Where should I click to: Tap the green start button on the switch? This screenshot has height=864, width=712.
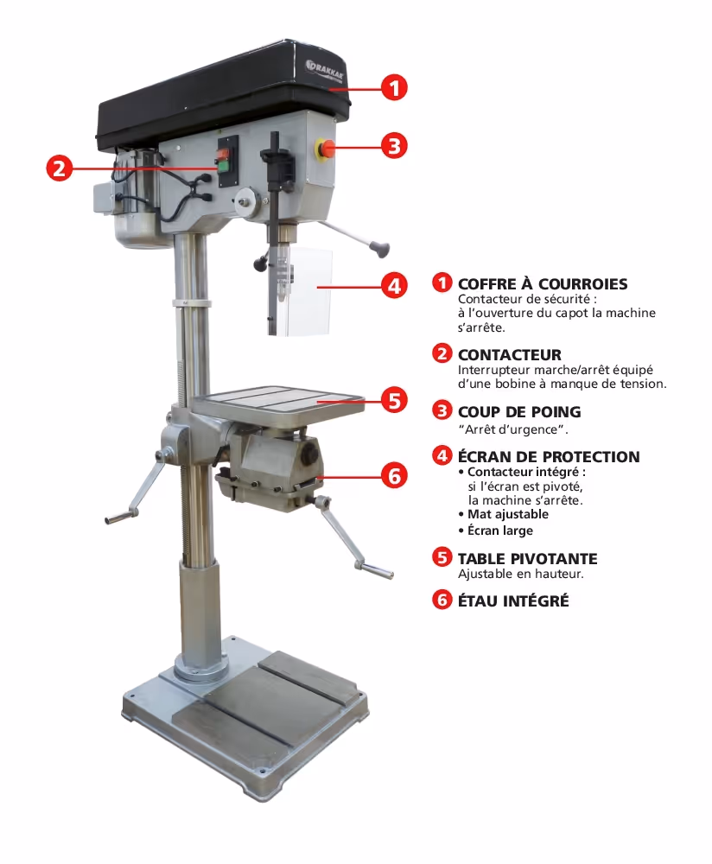coord(224,166)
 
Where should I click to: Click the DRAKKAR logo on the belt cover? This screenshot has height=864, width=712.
coord(325,68)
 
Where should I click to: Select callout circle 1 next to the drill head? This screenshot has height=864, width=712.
coord(395,87)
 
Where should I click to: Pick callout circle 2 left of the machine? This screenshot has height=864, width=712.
coord(60,168)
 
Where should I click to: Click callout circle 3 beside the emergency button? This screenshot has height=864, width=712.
coord(395,146)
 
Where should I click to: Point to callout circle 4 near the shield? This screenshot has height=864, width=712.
coord(395,286)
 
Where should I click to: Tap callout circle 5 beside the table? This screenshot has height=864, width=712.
coord(395,400)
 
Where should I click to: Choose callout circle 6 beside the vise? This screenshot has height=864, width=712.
coord(395,475)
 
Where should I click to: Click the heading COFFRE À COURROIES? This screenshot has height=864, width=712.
coord(543,283)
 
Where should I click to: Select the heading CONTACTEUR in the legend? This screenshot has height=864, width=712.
coord(510,354)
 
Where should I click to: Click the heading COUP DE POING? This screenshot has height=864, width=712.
coord(519,411)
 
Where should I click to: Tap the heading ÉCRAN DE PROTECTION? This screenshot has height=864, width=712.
coord(549,456)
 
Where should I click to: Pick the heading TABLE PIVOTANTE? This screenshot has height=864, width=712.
coord(528,558)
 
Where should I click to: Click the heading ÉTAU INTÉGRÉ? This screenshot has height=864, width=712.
coord(513,600)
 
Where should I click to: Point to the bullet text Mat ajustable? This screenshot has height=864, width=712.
coord(508,514)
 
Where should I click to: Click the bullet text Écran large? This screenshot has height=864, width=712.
coord(500,530)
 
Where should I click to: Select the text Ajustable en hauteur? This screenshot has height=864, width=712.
coord(521,574)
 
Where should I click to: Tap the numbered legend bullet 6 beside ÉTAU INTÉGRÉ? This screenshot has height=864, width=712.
coord(442,600)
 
